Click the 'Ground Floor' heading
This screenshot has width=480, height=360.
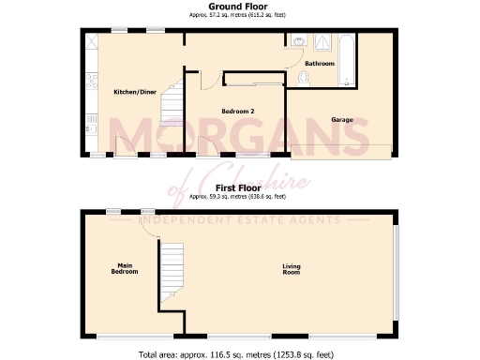[x=239, y=7]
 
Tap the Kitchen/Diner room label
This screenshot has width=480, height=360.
[x=133, y=92]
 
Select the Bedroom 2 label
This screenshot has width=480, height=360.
[x=238, y=112]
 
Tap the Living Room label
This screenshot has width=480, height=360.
[x=292, y=269]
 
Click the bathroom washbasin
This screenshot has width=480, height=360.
[x=297, y=41]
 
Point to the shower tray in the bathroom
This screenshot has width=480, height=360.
[x=322, y=41]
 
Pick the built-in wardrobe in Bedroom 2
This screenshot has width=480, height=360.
[x=253, y=79]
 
